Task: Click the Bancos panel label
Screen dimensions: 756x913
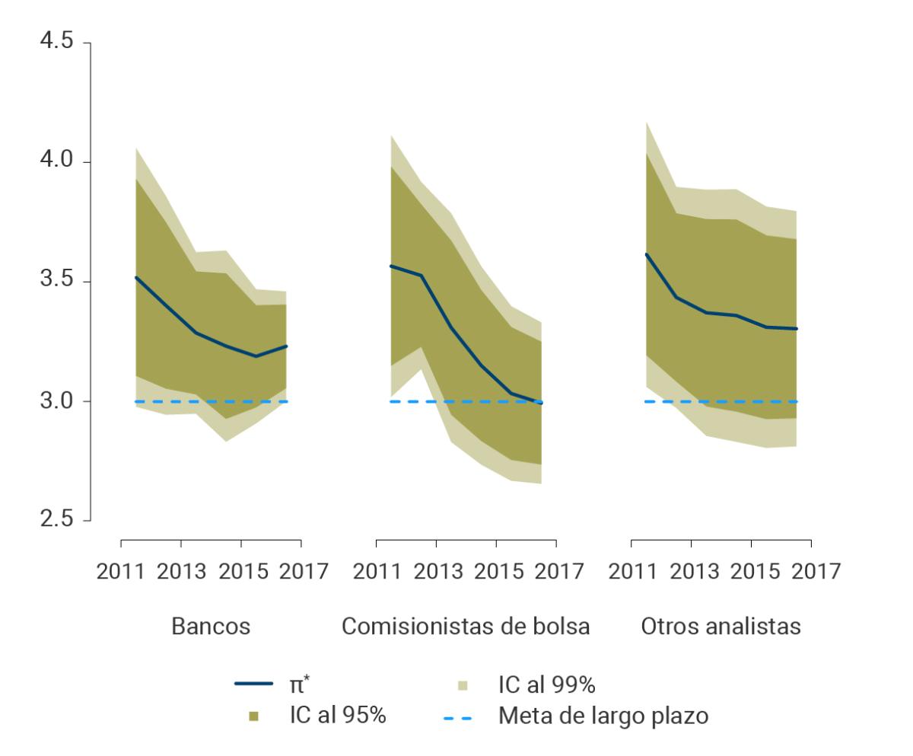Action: click(211, 627)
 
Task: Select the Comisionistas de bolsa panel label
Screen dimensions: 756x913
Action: click(466, 627)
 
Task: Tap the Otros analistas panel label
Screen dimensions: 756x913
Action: click(721, 627)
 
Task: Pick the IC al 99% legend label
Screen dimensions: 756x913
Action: click(546, 685)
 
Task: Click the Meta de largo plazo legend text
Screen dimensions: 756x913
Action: click(603, 716)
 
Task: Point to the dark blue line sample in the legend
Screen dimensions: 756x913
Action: click(253, 685)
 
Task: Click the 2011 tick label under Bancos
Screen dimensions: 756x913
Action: click(121, 571)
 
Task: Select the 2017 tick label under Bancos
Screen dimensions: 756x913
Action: click(301, 571)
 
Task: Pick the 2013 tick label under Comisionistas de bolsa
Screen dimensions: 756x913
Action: click(436, 571)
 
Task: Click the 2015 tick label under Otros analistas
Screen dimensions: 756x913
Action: click(751, 571)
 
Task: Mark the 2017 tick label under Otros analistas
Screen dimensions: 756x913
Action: click(811, 571)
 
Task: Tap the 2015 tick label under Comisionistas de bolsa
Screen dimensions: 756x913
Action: click(496, 571)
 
